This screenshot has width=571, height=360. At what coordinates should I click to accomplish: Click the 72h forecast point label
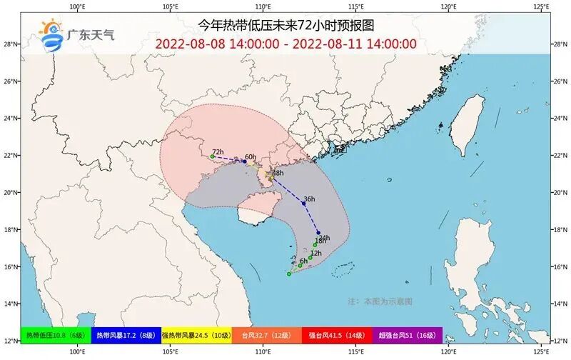[x=218, y=152]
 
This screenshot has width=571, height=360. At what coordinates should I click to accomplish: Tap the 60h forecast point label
[x=250, y=157]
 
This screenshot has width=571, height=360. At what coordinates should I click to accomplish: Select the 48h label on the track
[x=278, y=173]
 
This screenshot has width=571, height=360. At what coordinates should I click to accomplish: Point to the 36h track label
[x=309, y=199]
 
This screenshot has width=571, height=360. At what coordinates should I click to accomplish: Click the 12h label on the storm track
[x=316, y=254]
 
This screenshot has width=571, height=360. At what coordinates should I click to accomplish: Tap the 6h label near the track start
[x=303, y=261]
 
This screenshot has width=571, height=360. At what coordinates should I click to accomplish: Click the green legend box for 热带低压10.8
[x=56, y=335]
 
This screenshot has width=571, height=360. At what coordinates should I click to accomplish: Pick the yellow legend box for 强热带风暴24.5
[x=196, y=335]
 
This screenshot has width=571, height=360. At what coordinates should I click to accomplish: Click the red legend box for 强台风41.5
[x=337, y=335]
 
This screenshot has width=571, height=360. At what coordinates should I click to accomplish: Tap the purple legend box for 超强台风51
[x=407, y=335]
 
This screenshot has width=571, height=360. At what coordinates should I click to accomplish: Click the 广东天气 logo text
[x=90, y=33]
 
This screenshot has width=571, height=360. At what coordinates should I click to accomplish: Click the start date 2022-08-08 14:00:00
[x=217, y=43]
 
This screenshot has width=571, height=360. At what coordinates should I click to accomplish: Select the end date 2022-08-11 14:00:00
[x=355, y=43]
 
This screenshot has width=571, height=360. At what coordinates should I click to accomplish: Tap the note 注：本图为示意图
[x=379, y=301]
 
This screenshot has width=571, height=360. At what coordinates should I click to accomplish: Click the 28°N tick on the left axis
[x=10, y=44]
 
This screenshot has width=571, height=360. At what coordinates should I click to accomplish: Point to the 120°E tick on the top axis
[x=448, y=6]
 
